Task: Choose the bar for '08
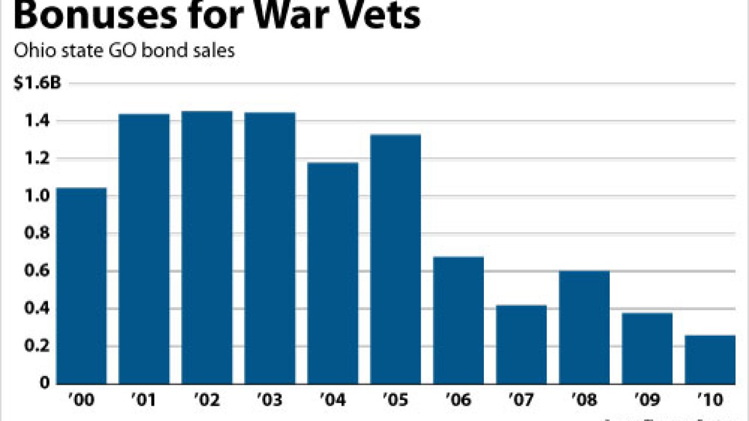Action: [x=584, y=327]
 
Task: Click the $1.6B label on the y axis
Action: [x=36, y=84]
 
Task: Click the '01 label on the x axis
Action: [x=144, y=401]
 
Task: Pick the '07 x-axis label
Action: [x=521, y=401]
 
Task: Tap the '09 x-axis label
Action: [x=647, y=401]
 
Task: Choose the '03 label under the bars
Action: [x=270, y=401]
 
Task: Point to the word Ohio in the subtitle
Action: [x=32, y=51]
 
